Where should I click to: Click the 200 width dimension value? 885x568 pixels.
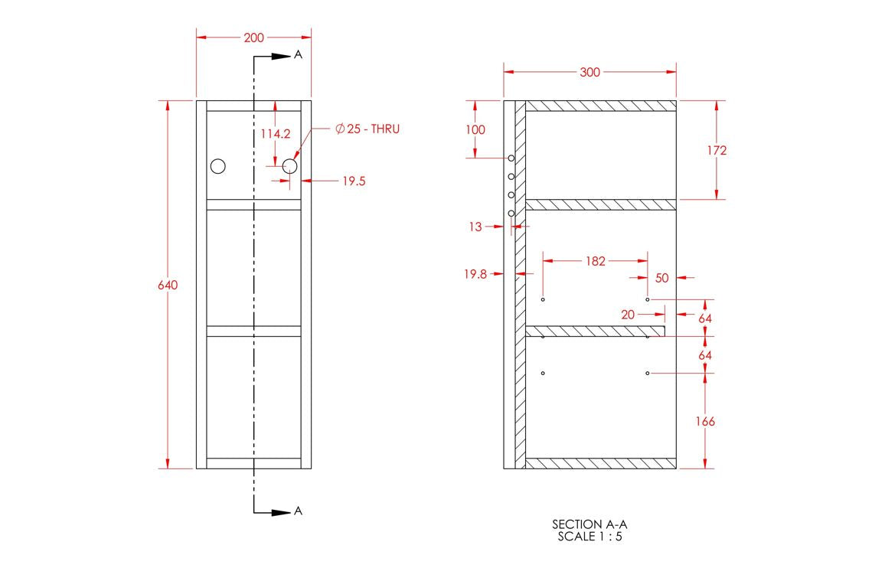point(254,38)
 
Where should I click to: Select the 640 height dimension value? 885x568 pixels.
point(168,285)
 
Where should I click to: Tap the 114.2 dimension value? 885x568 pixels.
point(276,133)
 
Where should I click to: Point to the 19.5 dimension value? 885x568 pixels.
point(353,181)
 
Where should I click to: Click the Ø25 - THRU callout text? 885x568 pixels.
point(367,129)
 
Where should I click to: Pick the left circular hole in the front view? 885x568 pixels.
point(218,166)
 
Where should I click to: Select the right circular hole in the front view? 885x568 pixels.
point(289,166)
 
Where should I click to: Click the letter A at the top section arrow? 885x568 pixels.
point(299,56)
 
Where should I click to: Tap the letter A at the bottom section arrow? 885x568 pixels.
point(299,511)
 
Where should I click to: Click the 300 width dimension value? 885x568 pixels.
point(589,73)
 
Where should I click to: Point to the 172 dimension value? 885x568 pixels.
point(717,150)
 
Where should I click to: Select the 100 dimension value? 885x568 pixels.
point(475,129)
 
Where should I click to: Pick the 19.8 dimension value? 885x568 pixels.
point(475,273)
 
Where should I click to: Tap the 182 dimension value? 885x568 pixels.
point(595,261)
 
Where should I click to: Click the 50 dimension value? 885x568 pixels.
point(662,278)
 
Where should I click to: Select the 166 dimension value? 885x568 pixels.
point(704,421)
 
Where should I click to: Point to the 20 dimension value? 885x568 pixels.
point(628,315)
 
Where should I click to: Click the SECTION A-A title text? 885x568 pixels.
point(594,524)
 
